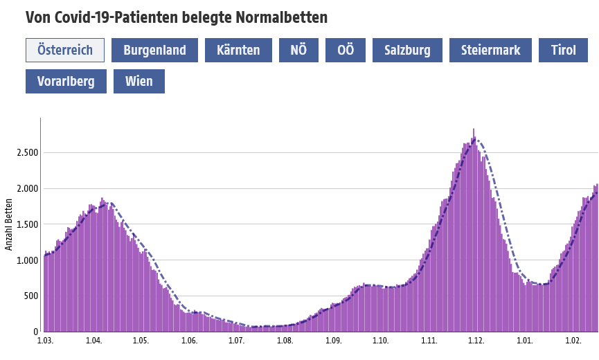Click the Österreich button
pyautogui.click(x=65, y=51)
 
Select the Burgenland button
pyautogui.click(x=154, y=51)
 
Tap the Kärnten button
pyautogui.click(x=238, y=51)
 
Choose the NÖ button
pyautogui.click(x=299, y=51)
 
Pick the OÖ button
pyautogui.click(x=346, y=51)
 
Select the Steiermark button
pyautogui.click(x=490, y=51)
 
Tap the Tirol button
pyautogui.click(x=564, y=51)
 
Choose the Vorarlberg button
pyautogui.click(x=66, y=82)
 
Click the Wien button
pyautogui.click(x=139, y=82)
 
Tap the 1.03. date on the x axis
pyautogui.click(x=46, y=341)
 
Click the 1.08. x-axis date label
pyautogui.click(x=285, y=341)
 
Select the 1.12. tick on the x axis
pyautogui.click(x=476, y=341)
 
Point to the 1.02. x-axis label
pyautogui.click(x=573, y=341)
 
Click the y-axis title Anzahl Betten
pyautogui.click(x=9, y=225)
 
